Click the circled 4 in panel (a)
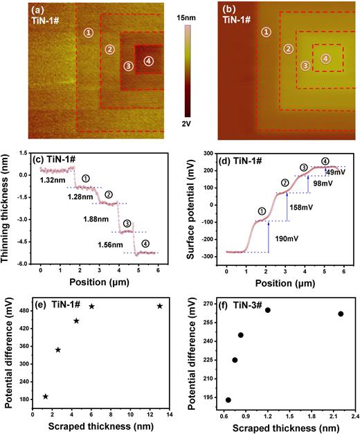148,62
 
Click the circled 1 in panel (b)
267,32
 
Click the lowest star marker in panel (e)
46,397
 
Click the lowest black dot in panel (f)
228,400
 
